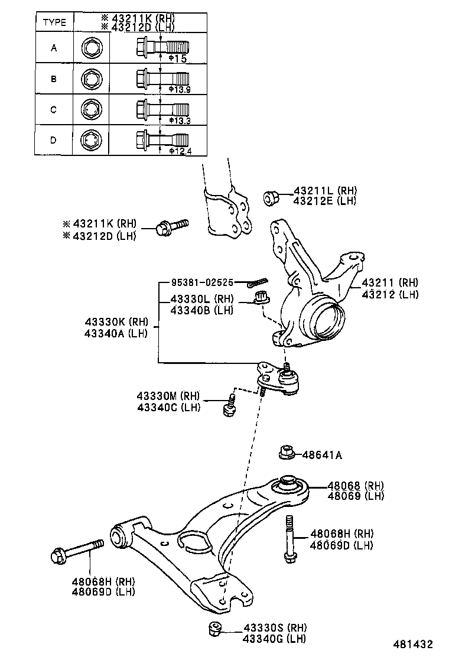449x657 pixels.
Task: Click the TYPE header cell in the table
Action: [54, 23]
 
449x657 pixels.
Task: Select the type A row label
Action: [54, 47]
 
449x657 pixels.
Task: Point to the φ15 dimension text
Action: [177, 59]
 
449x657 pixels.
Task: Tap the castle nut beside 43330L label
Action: [261, 298]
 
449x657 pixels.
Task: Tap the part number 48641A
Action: [322, 455]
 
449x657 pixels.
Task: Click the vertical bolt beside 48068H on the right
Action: [289, 539]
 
